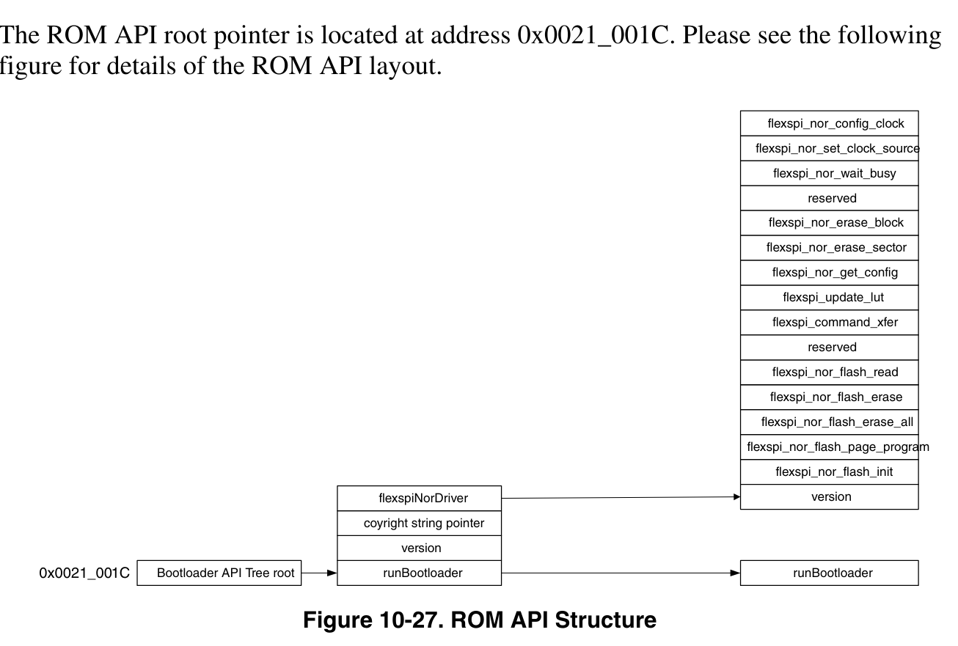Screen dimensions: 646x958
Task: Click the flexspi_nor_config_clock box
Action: click(x=829, y=123)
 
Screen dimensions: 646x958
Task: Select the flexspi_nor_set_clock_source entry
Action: click(x=829, y=149)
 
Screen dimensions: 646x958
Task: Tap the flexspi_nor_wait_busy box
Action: click(x=829, y=174)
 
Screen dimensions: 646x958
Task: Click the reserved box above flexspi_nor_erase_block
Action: click(x=829, y=199)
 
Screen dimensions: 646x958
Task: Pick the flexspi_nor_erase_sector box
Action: click(x=829, y=248)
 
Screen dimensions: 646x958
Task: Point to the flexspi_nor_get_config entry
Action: click(x=829, y=273)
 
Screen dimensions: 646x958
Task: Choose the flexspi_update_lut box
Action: click(x=829, y=298)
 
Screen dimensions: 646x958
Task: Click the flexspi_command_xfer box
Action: click(x=829, y=323)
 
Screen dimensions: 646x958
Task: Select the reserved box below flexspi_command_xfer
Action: click(x=829, y=348)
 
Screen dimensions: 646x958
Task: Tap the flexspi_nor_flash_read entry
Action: click(x=829, y=372)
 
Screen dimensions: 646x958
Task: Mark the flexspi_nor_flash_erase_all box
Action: click(x=829, y=422)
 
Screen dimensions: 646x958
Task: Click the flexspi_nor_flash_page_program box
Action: click(x=829, y=447)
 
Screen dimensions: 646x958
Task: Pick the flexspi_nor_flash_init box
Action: click(x=829, y=472)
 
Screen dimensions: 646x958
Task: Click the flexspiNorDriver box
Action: click(x=419, y=499)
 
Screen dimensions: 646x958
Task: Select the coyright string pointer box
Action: click(x=419, y=524)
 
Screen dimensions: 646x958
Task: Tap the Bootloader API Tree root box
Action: click(x=219, y=573)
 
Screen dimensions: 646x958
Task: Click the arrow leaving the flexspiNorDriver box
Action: click(x=621, y=498)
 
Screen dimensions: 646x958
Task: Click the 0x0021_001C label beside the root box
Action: click(x=84, y=573)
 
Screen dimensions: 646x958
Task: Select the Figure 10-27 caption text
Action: click(x=480, y=620)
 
